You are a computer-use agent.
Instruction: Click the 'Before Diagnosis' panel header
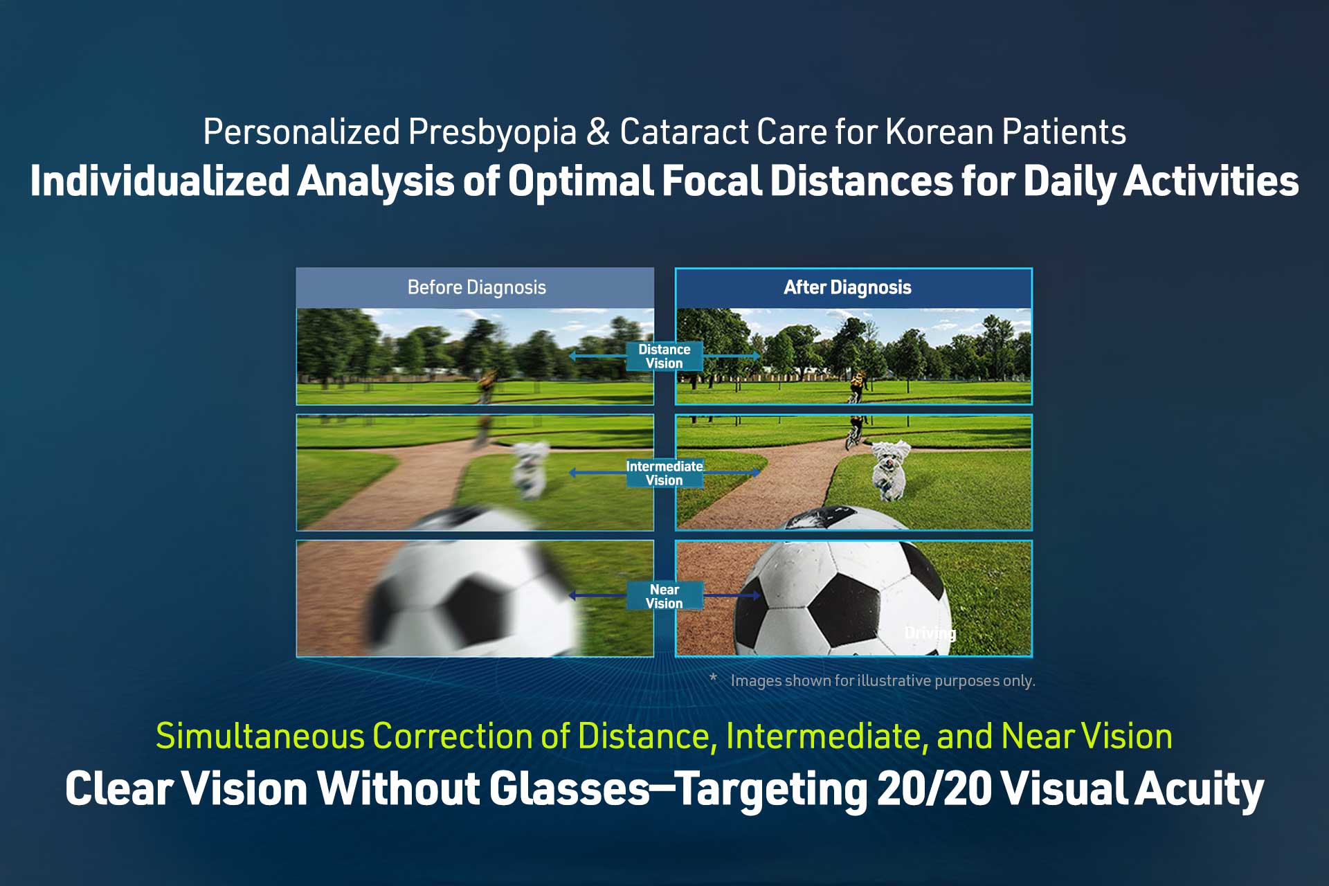476,287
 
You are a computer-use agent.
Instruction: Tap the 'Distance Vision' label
664,356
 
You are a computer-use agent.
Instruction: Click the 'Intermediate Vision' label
664,473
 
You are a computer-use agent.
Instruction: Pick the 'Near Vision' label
664,596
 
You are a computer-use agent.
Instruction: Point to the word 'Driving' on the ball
930,633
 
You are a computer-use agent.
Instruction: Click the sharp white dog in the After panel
889,469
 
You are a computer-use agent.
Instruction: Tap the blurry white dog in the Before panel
530,469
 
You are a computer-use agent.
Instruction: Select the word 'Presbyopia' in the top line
492,132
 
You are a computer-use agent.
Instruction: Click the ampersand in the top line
598,132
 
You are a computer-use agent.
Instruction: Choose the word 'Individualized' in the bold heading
160,181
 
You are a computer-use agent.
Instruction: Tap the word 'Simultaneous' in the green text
260,736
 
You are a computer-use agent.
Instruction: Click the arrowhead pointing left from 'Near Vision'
572,595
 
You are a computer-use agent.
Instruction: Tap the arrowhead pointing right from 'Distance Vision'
756,356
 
